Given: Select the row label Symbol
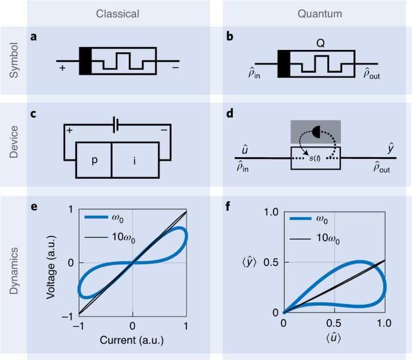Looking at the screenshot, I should coord(13,60).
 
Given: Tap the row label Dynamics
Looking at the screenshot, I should coord(13,275).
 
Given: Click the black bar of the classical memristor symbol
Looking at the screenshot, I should coord(85,61).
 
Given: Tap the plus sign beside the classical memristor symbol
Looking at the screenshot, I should coord(63,69).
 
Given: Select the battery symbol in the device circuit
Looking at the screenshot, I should coord(117,125).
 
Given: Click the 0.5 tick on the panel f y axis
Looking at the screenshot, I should coord(270,261).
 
